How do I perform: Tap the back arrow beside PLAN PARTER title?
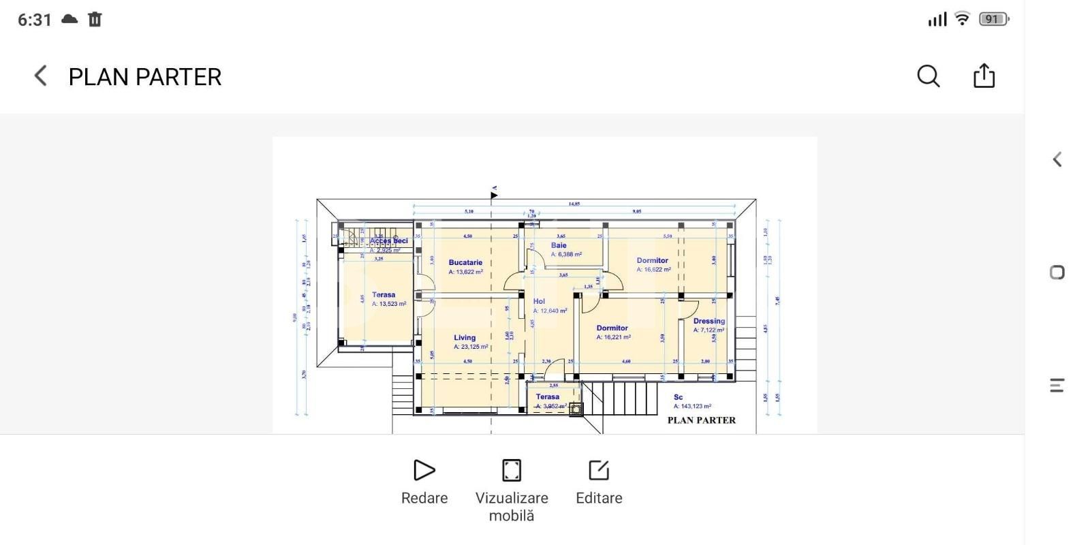pos(41,76)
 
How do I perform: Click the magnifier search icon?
pos(928,76)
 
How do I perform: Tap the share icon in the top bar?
pos(984,76)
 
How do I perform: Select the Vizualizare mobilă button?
pos(511,488)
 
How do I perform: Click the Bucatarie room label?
pos(465,262)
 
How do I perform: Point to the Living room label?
pos(465,338)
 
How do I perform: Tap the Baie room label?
pos(559,245)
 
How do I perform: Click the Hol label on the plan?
pos(539,301)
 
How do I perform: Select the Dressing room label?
pos(708,321)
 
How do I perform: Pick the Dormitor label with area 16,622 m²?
pos(653,260)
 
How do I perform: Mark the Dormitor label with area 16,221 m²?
pos(612,328)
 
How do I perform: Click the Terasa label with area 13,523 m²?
pos(384,295)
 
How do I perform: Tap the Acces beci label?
pos(388,240)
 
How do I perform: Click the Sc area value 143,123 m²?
pos(692,406)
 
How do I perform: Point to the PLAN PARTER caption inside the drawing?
pos(701,420)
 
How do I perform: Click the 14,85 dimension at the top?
pos(574,203)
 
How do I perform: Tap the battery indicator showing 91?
pos(993,19)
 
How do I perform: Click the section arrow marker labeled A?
pos(494,194)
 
